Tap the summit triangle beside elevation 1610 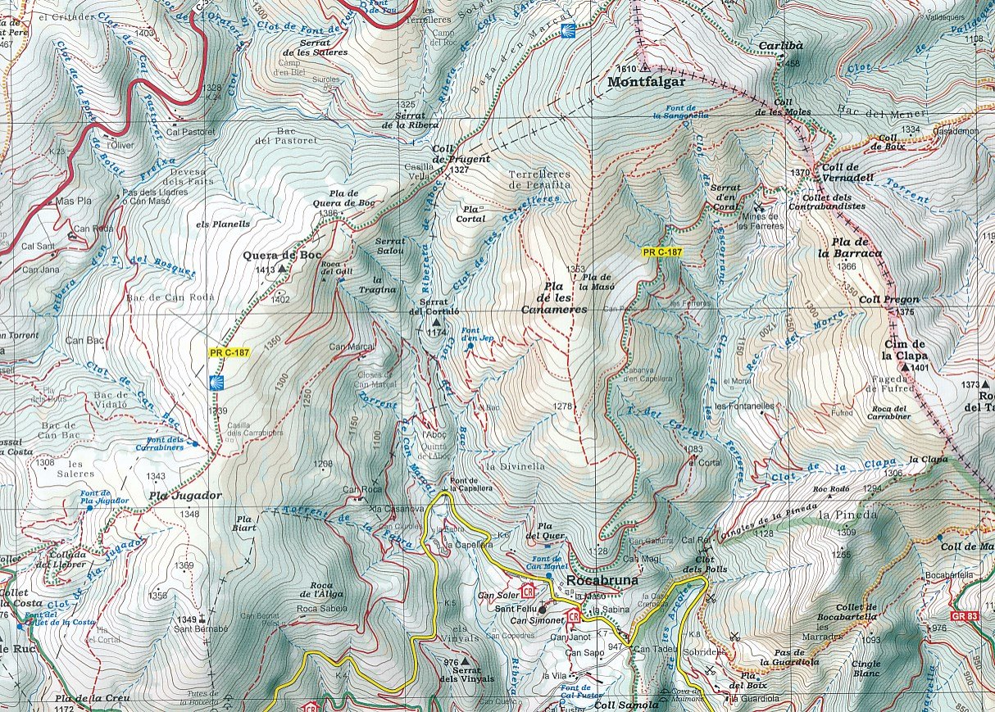646,68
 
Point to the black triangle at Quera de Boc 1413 283,268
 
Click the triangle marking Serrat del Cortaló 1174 435,322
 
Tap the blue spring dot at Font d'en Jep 470,347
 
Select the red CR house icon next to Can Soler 527,590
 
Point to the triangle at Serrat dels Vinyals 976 466,661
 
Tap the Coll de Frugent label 461,153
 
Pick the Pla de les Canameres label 554,298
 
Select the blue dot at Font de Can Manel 548,576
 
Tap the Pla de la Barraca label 856,248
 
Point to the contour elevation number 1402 280,300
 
